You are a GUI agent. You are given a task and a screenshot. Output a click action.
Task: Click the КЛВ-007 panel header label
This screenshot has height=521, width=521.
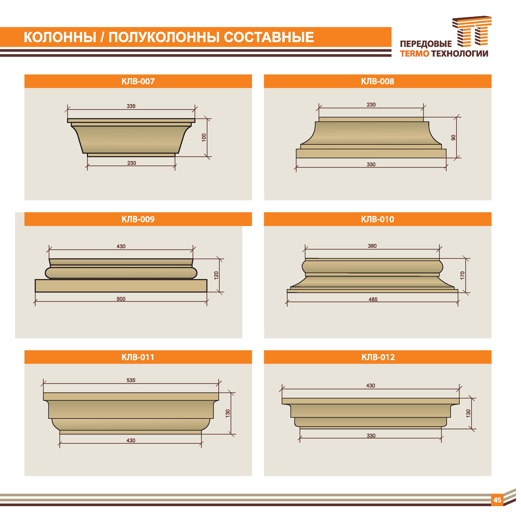tap(138, 81)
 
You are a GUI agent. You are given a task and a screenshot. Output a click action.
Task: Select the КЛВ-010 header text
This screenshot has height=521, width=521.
tap(378, 219)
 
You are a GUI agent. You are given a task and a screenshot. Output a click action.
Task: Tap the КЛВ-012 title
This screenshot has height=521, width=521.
tap(378, 357)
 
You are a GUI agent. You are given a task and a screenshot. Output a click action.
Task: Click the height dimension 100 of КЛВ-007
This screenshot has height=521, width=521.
tap(204, 137)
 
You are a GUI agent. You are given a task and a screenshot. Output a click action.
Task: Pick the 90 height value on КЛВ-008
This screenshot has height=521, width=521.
tap(453, 138)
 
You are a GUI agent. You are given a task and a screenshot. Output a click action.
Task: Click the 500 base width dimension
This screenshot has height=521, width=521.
tap(121, 299)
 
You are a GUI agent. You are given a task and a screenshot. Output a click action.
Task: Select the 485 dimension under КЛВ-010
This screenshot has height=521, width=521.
tap(373, 299)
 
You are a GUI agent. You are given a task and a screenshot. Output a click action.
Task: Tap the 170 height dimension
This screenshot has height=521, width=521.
tap(462, 275)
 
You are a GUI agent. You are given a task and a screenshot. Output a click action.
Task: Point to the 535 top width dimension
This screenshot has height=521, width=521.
tap(131, 380)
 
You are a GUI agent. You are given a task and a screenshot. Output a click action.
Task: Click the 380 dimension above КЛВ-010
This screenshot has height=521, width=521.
tap(372, 246)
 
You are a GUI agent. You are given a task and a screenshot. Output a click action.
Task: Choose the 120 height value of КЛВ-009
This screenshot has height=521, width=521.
tap(216, 275)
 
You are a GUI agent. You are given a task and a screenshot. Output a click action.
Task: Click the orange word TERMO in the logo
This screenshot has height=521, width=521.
tap(414, 54)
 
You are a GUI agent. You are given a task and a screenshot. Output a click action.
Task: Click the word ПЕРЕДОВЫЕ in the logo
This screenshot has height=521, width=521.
tap(426, 44)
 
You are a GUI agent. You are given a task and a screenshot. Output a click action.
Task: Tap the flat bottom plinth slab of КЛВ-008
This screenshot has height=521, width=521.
tap(371, 154)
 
